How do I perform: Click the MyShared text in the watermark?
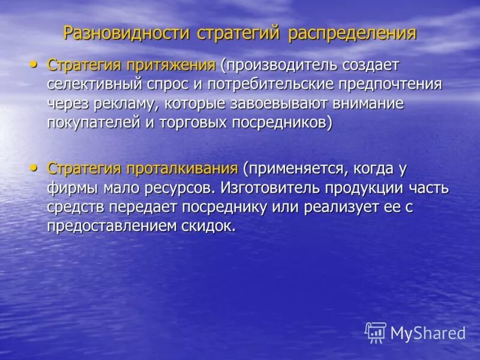click(428, 333)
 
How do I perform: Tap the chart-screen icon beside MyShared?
click(376, 332)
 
